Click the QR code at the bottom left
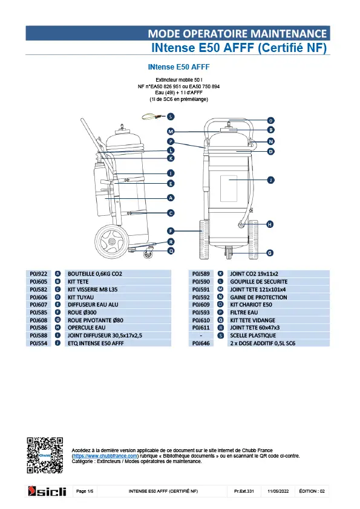[45, 455]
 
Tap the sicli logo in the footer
[47, 491]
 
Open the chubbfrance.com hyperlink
[105, 456]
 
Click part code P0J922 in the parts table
[38, 274]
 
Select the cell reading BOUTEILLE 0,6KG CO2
[95, 274]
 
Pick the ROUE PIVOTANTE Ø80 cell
[96, 320]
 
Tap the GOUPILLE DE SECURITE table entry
[258, 282]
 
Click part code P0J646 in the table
[201, 343]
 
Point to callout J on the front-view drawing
[270, 180]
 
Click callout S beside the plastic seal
[171, 117]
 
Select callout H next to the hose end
[270, 224]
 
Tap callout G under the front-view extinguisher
[270, 253]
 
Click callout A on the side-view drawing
[171, 198]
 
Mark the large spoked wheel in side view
[112, 241]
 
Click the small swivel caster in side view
[148, 254]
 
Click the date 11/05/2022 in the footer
[278, 491]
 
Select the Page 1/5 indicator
[85, 491]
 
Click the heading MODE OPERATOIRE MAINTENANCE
[237, 33]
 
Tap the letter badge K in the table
[220, 274]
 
